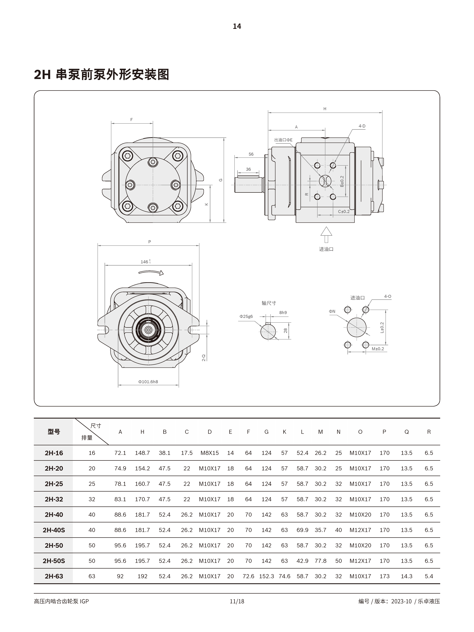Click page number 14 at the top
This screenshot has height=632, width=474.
click(x=237, y=26)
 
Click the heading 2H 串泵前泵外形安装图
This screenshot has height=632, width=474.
click(x=101, y=75)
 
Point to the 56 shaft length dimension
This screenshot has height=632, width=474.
click(x=251, y=154)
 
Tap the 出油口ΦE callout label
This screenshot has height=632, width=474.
click(x=283, y=140)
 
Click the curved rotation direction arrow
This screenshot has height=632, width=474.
click(x=151, y=273)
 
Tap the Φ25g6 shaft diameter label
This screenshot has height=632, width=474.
click(x=246, y=317)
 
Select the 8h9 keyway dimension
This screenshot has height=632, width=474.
click(x=283, y=313)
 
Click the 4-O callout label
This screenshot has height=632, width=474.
click(x=387, y=297)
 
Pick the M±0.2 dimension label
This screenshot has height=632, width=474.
click(x=378, y=349)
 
